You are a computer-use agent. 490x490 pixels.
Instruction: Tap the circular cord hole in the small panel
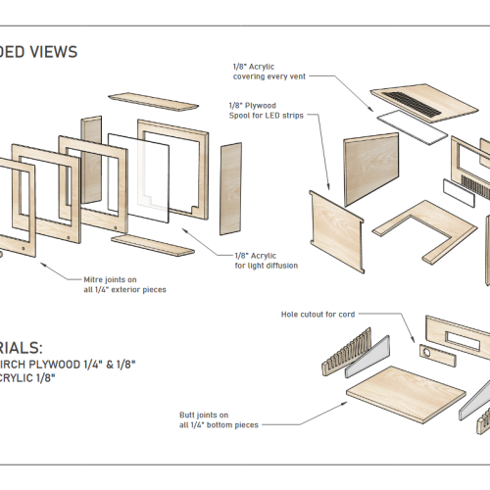point(428,351)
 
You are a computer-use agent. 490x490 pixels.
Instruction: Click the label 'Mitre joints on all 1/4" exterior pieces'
point(124,284)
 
